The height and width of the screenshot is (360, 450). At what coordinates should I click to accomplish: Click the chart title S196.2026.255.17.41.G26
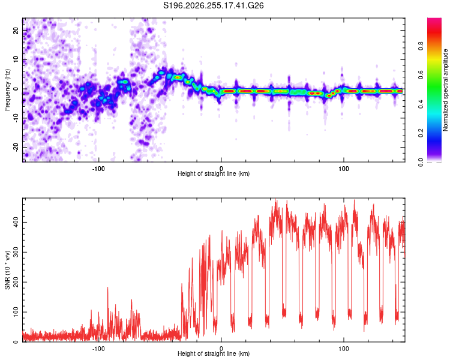(213, 5)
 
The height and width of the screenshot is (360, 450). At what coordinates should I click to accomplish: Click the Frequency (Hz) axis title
(7, 90)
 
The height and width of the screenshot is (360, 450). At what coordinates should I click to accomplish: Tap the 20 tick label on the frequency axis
(16, 31)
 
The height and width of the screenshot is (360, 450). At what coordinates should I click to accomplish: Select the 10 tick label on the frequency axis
(16, 59)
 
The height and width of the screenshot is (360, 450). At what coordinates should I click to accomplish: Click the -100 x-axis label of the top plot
(98, 169)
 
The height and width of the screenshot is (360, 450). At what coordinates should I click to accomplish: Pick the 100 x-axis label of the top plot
(344, 169)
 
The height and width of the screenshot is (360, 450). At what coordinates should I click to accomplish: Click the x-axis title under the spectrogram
(214, 173)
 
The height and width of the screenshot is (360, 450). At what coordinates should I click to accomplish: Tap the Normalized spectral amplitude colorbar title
(445, 90)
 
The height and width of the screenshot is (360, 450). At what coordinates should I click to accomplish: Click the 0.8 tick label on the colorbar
(421, 46)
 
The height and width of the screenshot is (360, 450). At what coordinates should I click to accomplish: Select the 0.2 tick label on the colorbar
(421, 133)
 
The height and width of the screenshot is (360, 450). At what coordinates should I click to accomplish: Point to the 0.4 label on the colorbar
(421, 104)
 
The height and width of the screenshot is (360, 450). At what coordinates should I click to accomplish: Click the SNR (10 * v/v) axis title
(7, 270)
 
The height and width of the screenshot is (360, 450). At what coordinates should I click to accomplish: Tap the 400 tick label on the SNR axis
(16, 222)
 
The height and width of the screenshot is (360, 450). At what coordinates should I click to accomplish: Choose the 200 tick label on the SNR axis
(16, 282)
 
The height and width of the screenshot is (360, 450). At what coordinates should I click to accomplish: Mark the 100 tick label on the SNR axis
(16, 312)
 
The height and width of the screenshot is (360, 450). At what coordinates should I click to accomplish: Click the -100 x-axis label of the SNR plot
(98, 349)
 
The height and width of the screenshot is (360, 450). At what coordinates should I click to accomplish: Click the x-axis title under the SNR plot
(214, 353)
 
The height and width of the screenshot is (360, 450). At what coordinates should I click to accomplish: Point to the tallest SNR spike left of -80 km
(108, 287)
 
